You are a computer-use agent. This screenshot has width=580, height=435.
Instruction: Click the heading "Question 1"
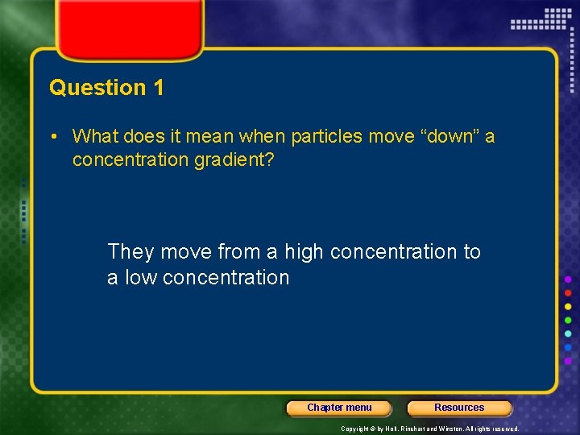point(106,88)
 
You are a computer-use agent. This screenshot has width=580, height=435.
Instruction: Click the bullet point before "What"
point(52,137)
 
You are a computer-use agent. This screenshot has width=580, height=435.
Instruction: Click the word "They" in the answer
point(130,252)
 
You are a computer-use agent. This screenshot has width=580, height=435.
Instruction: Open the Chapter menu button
point(339,408)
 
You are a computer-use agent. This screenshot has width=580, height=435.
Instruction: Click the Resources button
point(459,408)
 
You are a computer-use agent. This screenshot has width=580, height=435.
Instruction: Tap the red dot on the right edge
point(568,292)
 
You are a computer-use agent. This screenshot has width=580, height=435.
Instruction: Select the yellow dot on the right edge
point(568,306)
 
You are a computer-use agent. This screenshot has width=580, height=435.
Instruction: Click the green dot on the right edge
point(568,320)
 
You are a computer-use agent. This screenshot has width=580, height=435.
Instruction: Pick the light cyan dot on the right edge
point(568,333)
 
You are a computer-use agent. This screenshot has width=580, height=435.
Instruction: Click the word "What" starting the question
point(93,137)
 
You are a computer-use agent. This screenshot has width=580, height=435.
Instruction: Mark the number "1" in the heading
point(158,88)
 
